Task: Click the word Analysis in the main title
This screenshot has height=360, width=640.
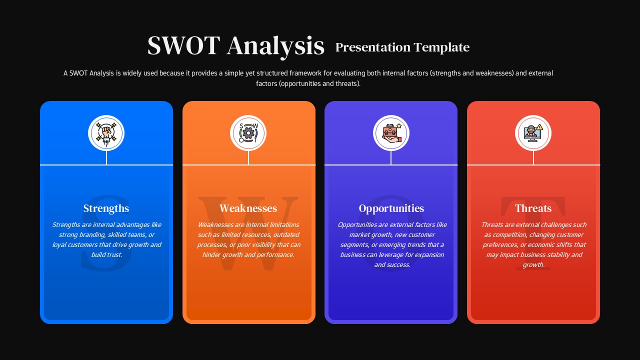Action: pyautogui.click(x=275, y=46)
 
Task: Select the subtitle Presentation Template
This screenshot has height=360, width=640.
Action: pyautogui.click(x=402, y=47)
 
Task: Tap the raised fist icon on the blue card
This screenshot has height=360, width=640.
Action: pyautogui.click(x=106, y=133)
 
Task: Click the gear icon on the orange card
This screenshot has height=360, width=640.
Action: pyautogui.click(x=248, y=133)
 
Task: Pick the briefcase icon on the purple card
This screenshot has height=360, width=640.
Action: pyautogui.click(x=391, y=133)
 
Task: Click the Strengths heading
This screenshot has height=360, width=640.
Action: pyautogui.click(x=106, y=208)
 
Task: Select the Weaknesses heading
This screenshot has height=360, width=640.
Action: pyautogui.click(x=248, y=208)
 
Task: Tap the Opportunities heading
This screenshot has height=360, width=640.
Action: pyautogui.click(x=391, y=208)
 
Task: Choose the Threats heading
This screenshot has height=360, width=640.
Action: pyautogui.click(x=533, y=208)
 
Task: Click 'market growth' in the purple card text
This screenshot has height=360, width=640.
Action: pyautogui.click(x=369, y=235)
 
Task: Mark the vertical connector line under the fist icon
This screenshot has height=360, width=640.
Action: pyautogui.click(x=106, y=157)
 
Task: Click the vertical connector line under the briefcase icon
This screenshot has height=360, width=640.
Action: pyautogui.click(x=391, y=157)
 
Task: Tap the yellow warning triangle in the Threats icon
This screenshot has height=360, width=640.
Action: pyautogui.click(x=539, y=126)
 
